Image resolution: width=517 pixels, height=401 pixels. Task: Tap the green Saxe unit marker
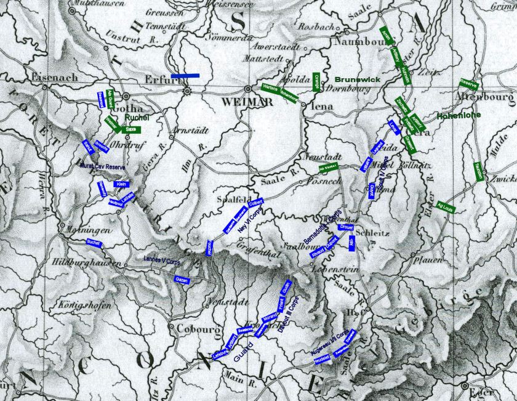pyautogui.click(x=130, y=129)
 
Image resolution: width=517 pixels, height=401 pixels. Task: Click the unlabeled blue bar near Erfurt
pyautogui.click(x=185, y=76)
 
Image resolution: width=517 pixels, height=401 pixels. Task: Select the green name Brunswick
pyautogui.click(x=358, y=80)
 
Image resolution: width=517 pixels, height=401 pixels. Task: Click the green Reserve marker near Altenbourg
pyautogui.click(x=469, y=84)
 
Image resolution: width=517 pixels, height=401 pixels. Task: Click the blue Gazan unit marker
pyautogui.click(x=181, y=280)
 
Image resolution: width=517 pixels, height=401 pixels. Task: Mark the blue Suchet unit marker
pyautogui.click(x=94, y=243)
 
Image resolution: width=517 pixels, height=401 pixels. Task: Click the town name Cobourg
pyautogui.click(x=194, y=329)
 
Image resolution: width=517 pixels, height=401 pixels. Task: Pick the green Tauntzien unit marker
pyautogui.click(x=478, y=171)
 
